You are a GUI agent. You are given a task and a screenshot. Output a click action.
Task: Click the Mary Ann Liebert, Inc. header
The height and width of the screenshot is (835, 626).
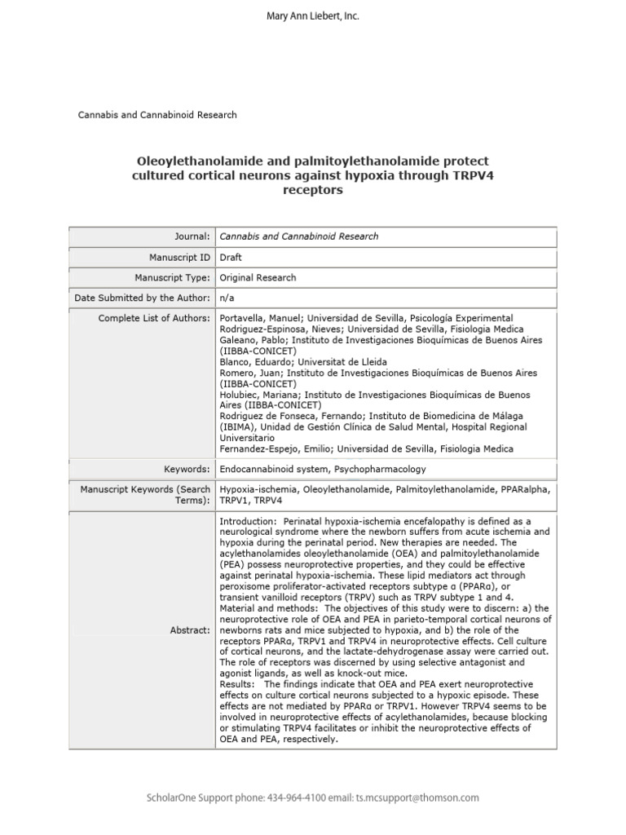point(313,16)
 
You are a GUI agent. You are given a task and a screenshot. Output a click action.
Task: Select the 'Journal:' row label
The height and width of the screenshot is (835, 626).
point(189,236)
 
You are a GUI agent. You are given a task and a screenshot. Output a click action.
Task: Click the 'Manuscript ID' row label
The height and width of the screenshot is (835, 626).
point(177,257)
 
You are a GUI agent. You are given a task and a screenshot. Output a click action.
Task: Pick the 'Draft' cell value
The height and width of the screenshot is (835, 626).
point(231,257)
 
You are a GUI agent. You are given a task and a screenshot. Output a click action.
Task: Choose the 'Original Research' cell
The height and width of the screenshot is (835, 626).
point(258,278)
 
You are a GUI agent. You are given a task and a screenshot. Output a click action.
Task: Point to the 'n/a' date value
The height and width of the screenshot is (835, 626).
point(228,298)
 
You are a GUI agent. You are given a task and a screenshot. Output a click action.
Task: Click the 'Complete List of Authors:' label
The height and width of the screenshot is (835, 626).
point(154,318)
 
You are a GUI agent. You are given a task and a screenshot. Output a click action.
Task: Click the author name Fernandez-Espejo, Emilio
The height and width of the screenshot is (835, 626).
point(276,449)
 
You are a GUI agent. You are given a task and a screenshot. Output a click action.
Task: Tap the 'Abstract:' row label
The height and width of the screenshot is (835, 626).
point(190,630)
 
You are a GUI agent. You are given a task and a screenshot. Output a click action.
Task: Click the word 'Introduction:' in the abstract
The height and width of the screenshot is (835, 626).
point(246,520)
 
